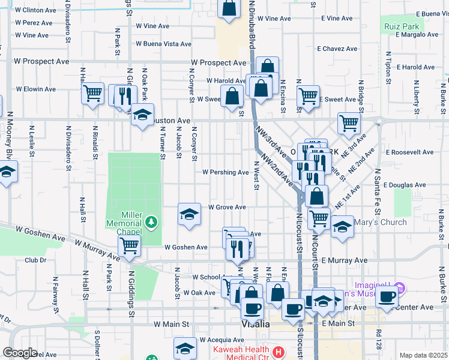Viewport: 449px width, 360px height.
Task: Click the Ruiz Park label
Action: click(x=403, y=26)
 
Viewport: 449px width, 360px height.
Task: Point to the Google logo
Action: click(x=20, y=353)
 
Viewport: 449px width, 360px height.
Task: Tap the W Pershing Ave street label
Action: click(x=225, y=172)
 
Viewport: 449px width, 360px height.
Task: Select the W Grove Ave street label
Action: click(x=227, y=207)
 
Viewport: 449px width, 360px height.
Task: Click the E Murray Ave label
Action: click(x=343, y=260)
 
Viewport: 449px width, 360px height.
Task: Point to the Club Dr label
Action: click(x=35, y=260)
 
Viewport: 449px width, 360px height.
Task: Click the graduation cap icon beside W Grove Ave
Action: click(x=189, y=214)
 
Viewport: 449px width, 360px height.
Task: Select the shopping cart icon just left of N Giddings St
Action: click(x=129, y=245)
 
